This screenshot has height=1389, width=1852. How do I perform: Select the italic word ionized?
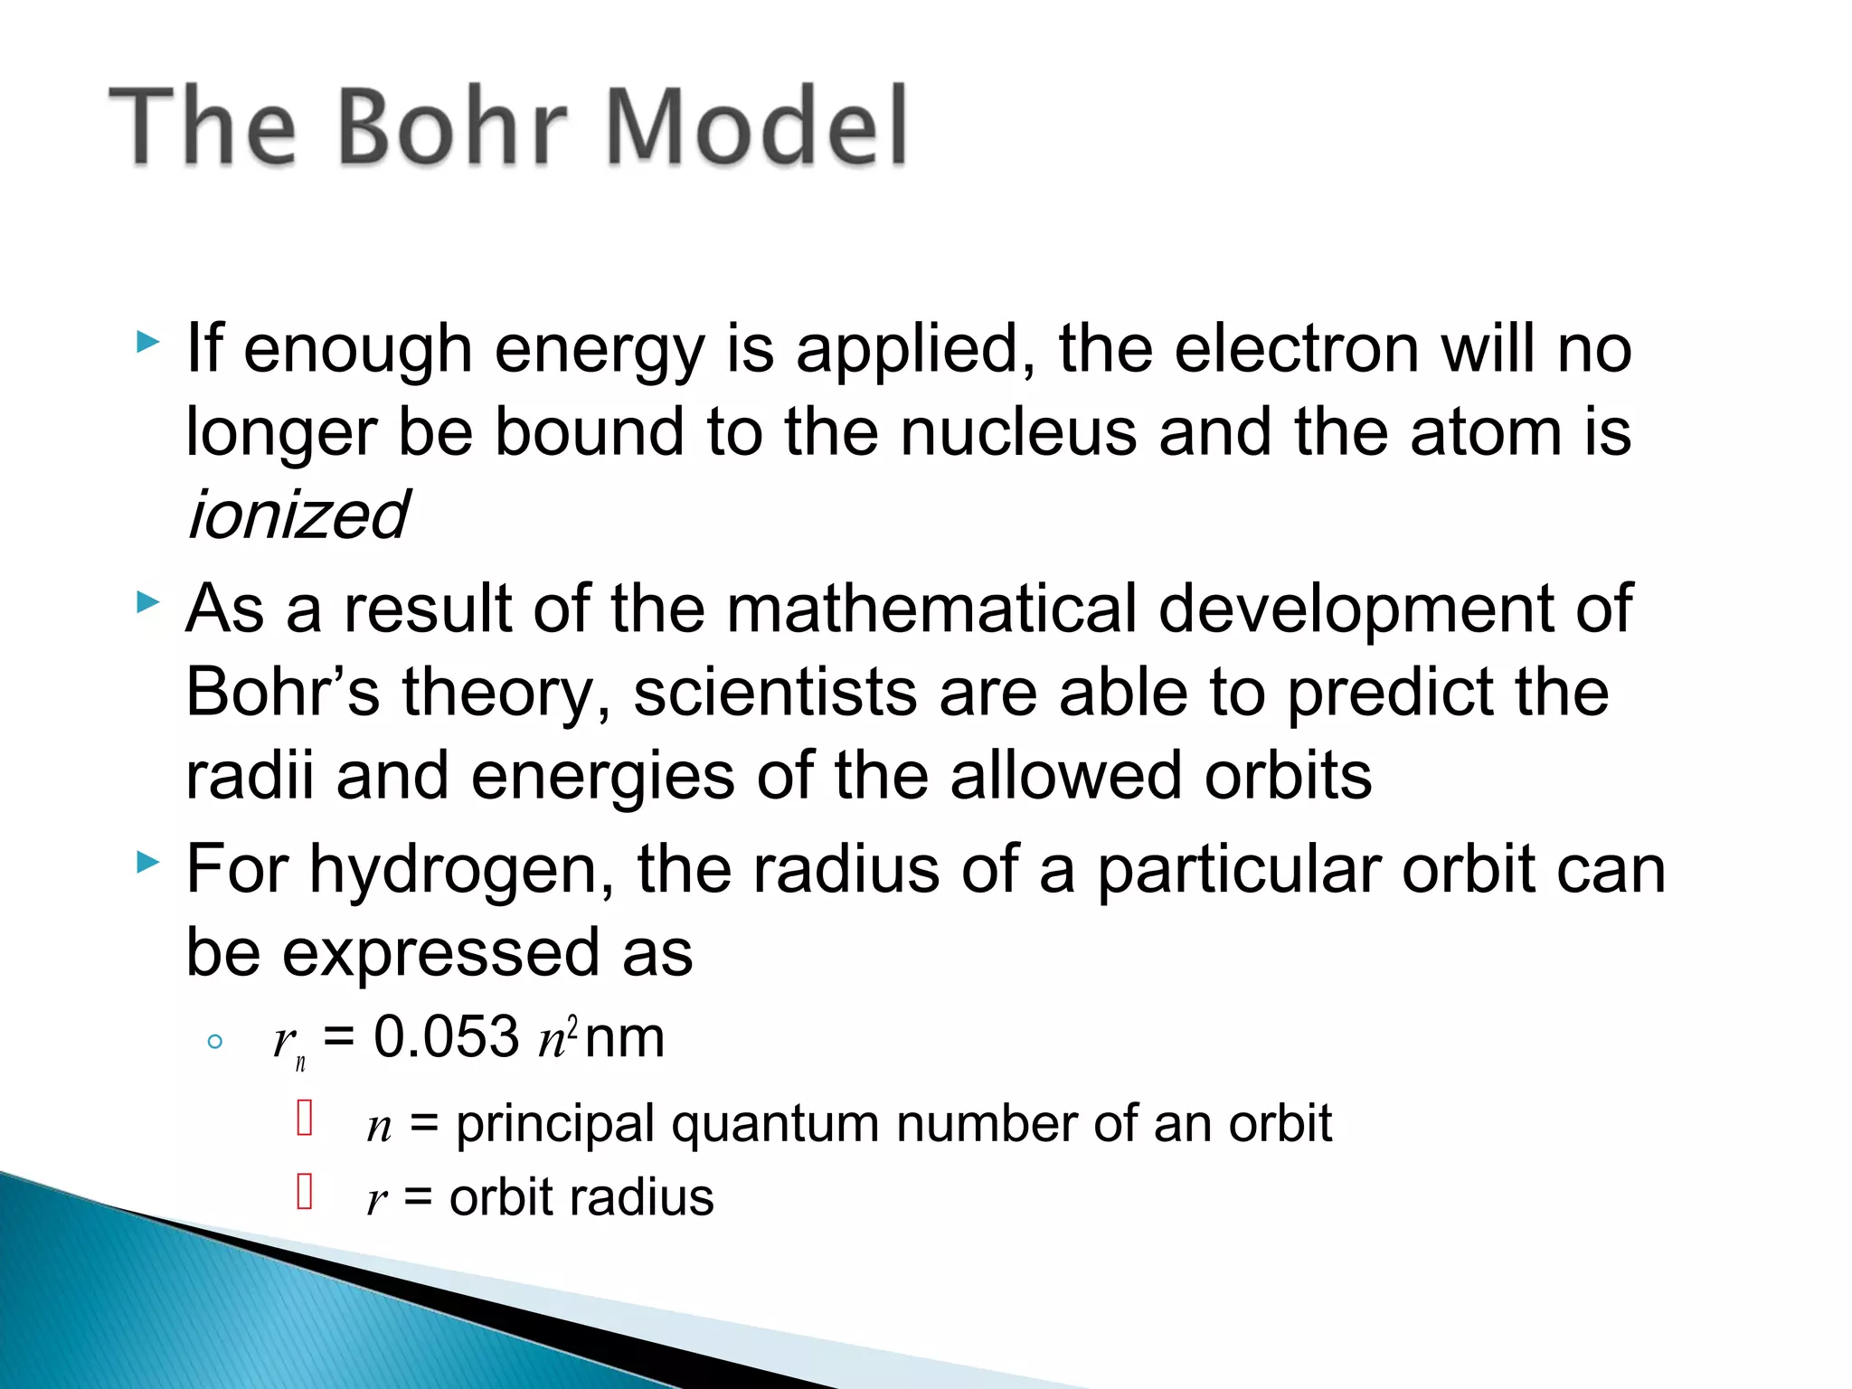tap(298, 515)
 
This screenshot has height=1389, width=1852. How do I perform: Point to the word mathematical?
tap(931, 608)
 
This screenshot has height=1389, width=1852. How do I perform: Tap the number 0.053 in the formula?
tap(447, 1036)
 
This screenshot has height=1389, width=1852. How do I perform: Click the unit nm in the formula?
tap(625, 1038)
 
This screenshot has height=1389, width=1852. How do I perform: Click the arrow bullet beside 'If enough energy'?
tap(147, 342)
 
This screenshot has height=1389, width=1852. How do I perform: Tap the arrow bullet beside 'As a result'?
tap(147, 601)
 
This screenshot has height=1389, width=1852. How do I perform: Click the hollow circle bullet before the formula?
tap(214, 1041)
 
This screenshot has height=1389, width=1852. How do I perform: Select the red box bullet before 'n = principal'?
tap(305, 1118)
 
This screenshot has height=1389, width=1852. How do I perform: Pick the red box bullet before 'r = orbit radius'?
tap(305, 1191)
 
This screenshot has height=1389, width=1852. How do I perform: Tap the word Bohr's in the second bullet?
tap(282, 692)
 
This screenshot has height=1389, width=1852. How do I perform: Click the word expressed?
tap(440, 952)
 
